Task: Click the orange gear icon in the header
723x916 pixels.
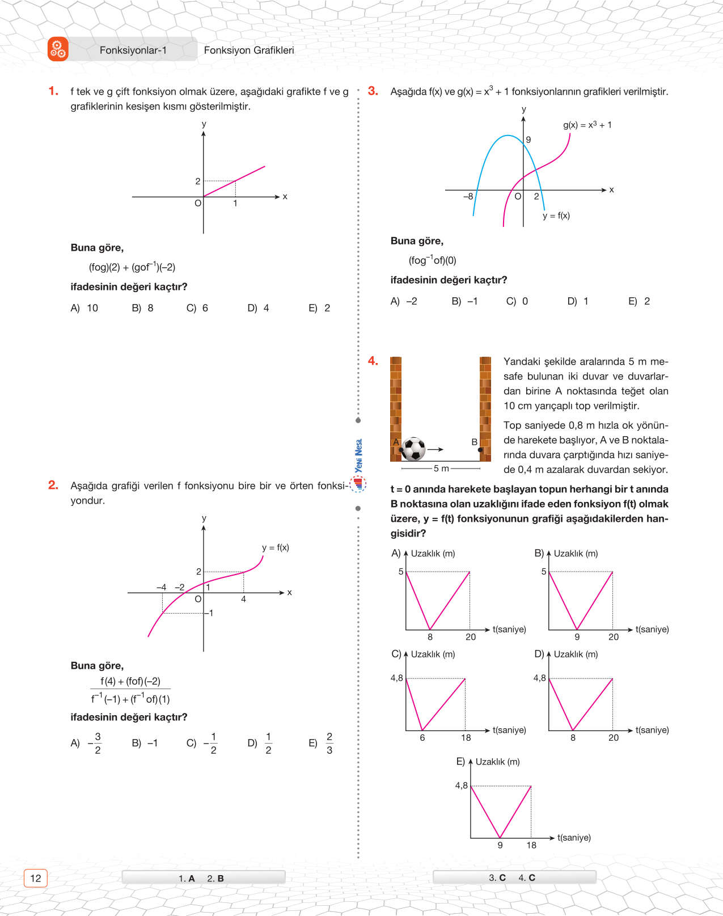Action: coord(58,49)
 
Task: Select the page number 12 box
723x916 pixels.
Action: coord(36,878)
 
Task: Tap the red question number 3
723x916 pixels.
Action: coord(373,91)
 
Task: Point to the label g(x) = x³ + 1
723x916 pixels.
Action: coord(587,125)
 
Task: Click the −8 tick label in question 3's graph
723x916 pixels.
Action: coord(468,196)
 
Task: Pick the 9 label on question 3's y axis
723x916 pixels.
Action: coord(528,140)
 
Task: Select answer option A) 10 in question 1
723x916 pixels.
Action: coord(84,308)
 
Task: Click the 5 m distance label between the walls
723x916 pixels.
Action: coord(441,468)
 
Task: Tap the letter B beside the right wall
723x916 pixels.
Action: coord(474,442)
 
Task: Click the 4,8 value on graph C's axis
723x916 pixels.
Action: coord(396,678)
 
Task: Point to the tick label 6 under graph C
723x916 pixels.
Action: coord(422,738)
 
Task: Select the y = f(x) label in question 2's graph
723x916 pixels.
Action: coord(276,547)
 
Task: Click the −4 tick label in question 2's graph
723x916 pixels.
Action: coord(162,587)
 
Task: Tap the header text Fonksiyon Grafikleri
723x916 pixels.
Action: coord(249,50)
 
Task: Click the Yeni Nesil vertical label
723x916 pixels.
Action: coord(358,455)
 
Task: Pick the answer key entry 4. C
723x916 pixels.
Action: coord(527,877)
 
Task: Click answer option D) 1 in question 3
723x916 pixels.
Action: coord(578,301)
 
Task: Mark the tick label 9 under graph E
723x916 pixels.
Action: coord(500,845)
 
